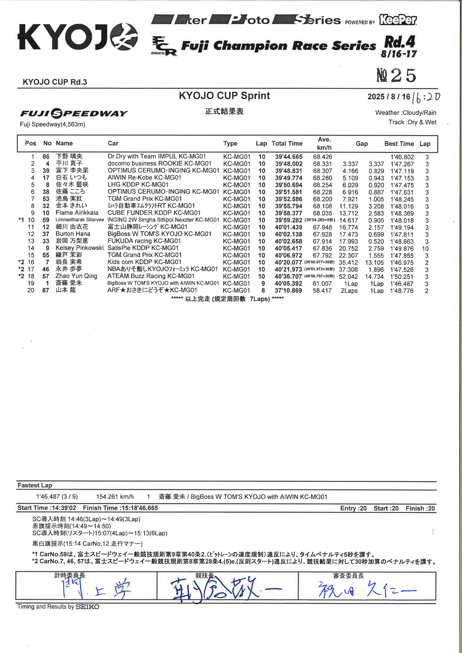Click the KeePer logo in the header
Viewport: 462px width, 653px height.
[397, 20]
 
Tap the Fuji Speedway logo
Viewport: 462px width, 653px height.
[74, 114]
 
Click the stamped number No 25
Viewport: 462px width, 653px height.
[396, 75]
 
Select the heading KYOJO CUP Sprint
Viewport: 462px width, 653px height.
[224, 96]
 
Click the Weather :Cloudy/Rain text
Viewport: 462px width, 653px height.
[405, 113]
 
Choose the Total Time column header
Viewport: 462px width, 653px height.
[287, 143]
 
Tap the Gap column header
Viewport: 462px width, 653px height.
[361, 144]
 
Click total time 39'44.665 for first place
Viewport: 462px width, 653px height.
[289, 157]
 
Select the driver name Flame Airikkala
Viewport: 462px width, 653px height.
[77, 213]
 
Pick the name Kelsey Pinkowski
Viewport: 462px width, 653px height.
[79, 248]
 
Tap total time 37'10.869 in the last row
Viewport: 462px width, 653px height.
[288, 291]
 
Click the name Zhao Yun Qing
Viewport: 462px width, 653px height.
[76, 276]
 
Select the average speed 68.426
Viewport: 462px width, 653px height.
[322, 157]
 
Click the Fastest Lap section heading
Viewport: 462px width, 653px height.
[35, 485]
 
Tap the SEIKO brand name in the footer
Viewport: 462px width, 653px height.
[87, 607]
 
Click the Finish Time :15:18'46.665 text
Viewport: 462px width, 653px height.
[120, 508]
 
